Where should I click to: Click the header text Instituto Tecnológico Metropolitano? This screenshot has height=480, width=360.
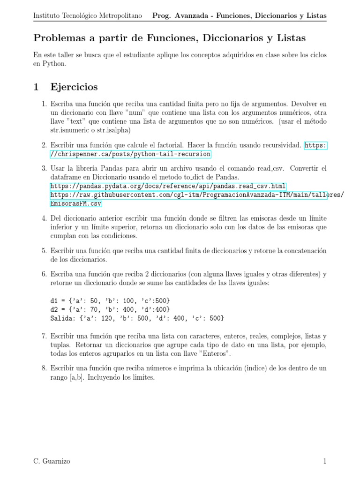88,16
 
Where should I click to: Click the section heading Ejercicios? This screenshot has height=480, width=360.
74,87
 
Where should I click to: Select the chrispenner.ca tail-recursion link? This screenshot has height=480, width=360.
131,154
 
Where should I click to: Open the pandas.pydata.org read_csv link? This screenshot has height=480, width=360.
168,186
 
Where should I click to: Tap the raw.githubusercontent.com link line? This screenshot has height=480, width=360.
197,195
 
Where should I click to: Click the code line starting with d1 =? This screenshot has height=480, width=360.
110,300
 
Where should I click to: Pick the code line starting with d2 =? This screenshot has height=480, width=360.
110,309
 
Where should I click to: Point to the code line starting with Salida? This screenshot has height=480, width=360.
137,318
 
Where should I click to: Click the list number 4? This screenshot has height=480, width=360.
44,218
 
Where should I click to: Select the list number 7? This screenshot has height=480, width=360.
44,337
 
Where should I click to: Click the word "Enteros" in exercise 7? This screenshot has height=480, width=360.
214,354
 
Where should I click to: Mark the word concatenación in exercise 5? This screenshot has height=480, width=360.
304,251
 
